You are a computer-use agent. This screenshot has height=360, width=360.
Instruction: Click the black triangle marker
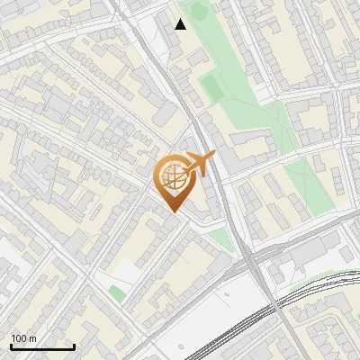[x=181, y=24]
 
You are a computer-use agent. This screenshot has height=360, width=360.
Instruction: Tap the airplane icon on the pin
[x=198, y=165]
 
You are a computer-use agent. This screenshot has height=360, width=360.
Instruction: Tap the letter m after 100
[x=32, y=338]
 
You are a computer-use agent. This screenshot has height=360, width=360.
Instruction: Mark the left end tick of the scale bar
[x=11, y=346]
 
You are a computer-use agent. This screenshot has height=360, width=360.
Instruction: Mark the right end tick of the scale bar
[x=74, y=346]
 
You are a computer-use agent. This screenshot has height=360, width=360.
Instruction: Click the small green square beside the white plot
[x=116, y=292]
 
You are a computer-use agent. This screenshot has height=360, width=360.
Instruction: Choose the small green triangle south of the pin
[x=219, y=238]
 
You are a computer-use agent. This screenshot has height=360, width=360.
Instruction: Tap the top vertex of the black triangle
[x=181, y=19]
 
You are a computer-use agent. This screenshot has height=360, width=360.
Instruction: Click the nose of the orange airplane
[x=213, y=157]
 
